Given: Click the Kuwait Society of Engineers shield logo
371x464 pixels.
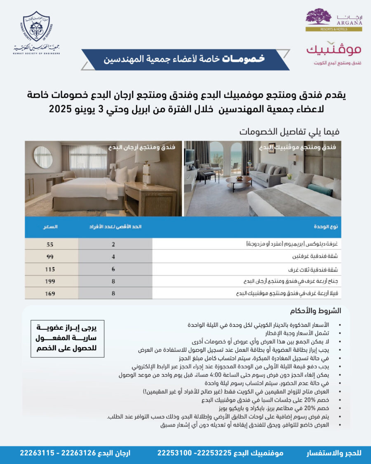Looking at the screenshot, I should tap(36, 26).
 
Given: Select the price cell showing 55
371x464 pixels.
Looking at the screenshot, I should tap(50, 244).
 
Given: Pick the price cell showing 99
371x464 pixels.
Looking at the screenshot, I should tap(50, 257).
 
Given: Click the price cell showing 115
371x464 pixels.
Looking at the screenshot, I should tap(50, 269).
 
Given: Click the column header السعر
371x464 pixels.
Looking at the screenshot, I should tap(50, 227).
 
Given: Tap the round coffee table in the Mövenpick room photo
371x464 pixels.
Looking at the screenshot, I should tap(238, 180).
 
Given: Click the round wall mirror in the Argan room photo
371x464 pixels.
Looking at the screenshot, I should tap(43, 157).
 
